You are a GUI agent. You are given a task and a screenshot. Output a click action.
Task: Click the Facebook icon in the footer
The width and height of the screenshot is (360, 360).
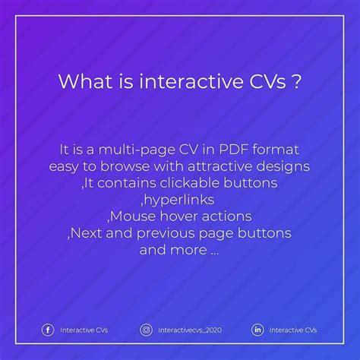coord(48,330)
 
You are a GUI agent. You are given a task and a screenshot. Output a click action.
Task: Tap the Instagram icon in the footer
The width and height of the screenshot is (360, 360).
coord(147,330)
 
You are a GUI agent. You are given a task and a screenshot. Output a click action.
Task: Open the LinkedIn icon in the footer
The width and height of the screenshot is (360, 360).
coord(257,330)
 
